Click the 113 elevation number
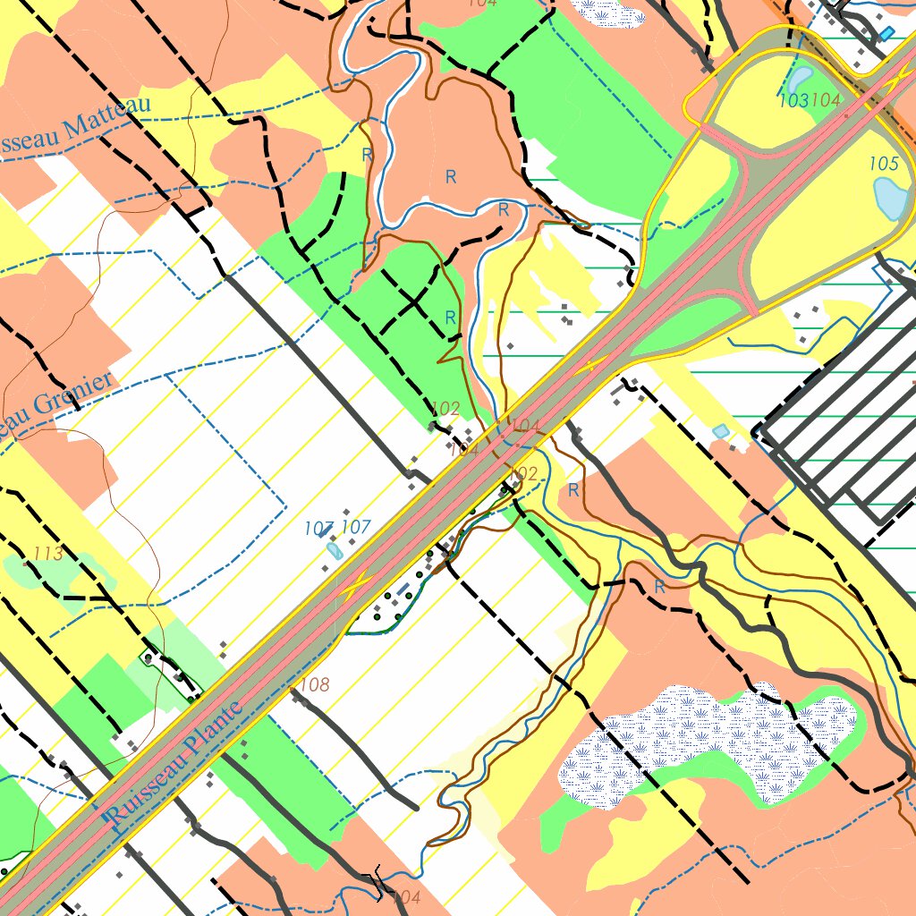click(x=47, y=554)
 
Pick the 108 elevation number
click(x=314, y=685)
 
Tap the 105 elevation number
click(x=883, y=164)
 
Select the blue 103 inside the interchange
click(x=793, y=101)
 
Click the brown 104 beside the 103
click(x=826, y=101)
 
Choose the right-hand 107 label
click(x=356, y=528)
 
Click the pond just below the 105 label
click(x=890, y=198)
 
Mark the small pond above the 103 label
click(x=799, y=79)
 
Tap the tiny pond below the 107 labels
click(x=335, y=550)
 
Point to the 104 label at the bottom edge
click(x=406, y=896)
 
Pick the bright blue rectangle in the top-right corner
click(x=886, y=33)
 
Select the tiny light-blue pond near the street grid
click(x=720, y=431)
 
